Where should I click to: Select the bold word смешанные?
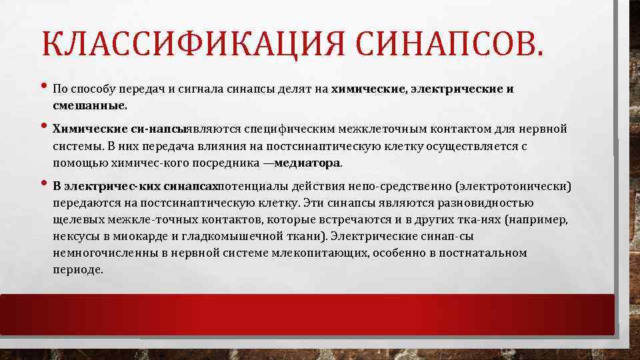click(x=89, y=105)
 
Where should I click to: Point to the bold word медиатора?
click(x=307, y=162)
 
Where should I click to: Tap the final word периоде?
click(x=78, y=270)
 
